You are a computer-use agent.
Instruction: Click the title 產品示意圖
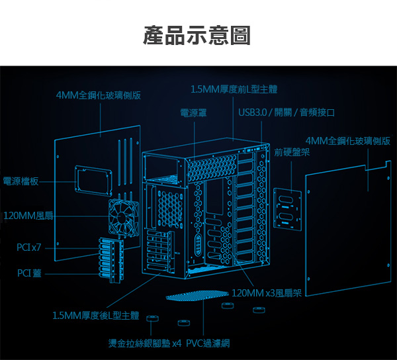click(x=197, y=36)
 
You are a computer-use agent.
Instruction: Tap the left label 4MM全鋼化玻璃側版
click(x=99, y=95)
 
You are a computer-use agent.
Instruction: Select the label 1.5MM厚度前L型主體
click(x=234, y=89)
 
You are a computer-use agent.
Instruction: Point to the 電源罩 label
click(x=193, y=113)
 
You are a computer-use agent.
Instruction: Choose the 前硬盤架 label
click(x=292, y=153)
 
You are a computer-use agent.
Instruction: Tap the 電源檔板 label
click(x=21, y=181)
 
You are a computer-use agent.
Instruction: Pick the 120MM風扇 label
click(x=28, y=216)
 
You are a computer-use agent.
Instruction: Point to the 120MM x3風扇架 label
click(x=267, y=293)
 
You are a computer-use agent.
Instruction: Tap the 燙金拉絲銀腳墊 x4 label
click(x=145, y=343)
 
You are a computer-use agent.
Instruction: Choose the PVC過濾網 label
click(x=208, y=343)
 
